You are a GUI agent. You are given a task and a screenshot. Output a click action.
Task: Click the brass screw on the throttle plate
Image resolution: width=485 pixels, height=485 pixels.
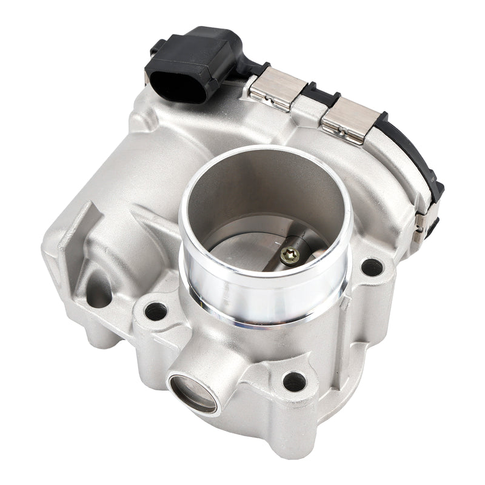290,255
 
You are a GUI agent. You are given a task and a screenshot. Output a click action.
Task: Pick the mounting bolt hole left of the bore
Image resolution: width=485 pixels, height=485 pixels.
156,311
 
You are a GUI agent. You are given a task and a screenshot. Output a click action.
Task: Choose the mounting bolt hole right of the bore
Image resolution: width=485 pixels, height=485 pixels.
372,267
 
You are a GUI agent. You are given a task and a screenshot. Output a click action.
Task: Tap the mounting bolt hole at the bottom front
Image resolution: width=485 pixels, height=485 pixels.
294,381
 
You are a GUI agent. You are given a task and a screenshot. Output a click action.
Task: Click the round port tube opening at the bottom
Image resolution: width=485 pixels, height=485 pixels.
193,392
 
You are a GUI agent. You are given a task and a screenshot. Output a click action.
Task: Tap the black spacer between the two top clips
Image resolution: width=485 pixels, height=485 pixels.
315,96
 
